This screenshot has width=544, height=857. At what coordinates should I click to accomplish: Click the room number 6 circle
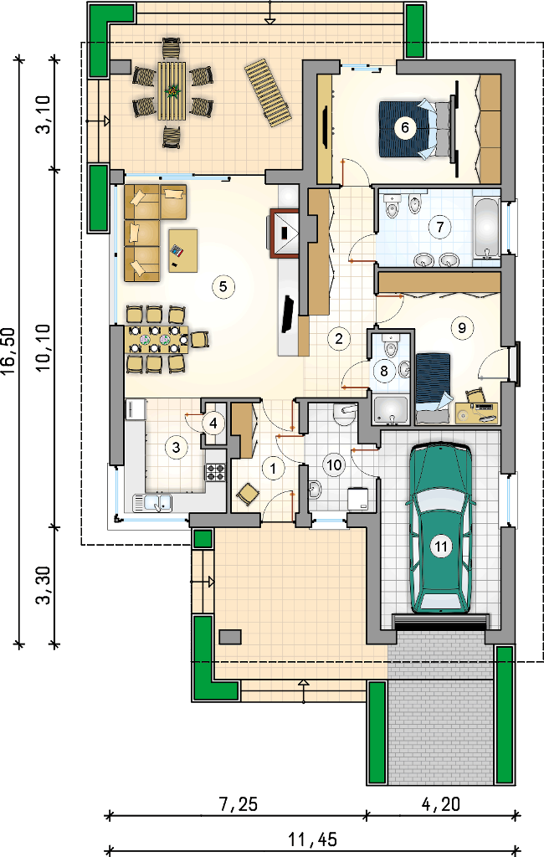click(404, 127)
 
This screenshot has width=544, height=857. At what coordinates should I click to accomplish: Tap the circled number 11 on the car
click(441, 546)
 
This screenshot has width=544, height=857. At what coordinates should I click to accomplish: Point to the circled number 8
click(384, 372)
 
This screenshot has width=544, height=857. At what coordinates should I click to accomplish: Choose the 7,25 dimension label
click(239, 804)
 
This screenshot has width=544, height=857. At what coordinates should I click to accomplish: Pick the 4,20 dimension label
click(441, 804)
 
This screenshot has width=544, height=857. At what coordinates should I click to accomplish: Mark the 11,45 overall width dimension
click(313, 839)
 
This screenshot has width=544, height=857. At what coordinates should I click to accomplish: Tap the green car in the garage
click(441, 528)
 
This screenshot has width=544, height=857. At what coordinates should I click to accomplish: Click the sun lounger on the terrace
click(268, 94)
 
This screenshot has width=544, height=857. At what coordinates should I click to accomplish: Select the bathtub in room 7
click(486, 228)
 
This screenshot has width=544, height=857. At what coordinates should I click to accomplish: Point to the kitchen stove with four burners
click(215, 472)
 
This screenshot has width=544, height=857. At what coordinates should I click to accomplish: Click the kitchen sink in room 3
click(153, 502)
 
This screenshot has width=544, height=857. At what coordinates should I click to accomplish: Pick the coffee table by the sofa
click(183, 250)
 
